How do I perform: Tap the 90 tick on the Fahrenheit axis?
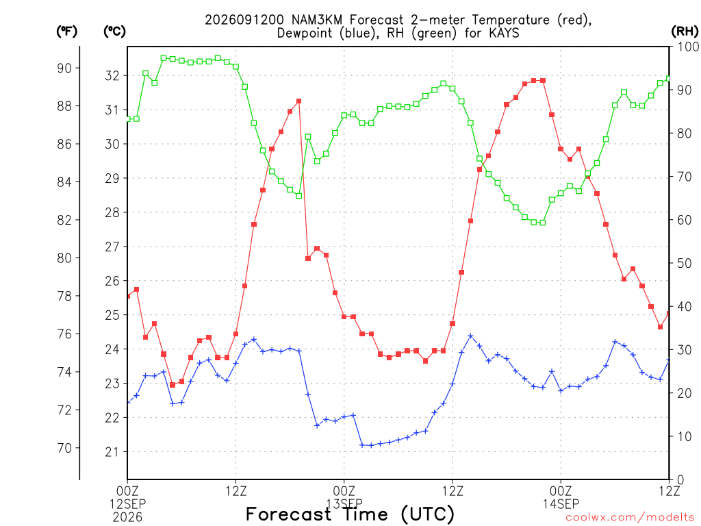click(x=64, y=68)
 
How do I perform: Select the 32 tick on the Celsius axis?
click(x=112, y=75)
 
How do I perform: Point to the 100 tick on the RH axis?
click(x=688, y=47)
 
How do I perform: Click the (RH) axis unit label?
click(x=685, y=32)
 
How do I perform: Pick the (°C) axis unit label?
click(x=114, y=32)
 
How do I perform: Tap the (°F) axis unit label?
click(x=66, y=32)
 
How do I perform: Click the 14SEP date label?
click(x=561, y=504)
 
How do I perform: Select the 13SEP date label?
click(x=344, y=504)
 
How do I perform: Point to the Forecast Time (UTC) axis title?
click(x=350, y=514)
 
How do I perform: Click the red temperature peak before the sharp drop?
click(x=298, y=101)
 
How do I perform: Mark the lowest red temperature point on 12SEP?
click(x=173, y=385)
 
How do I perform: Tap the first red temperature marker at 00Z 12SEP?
click(x=128, y=296)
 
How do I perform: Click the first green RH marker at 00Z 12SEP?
click(x=128, y=119)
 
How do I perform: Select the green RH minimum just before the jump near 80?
click(x=299, y=196)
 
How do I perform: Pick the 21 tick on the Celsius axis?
click(x=112, y=452)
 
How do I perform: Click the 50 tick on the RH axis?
click(x=685, y=264)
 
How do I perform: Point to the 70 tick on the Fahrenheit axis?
click(x=64, y=448)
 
